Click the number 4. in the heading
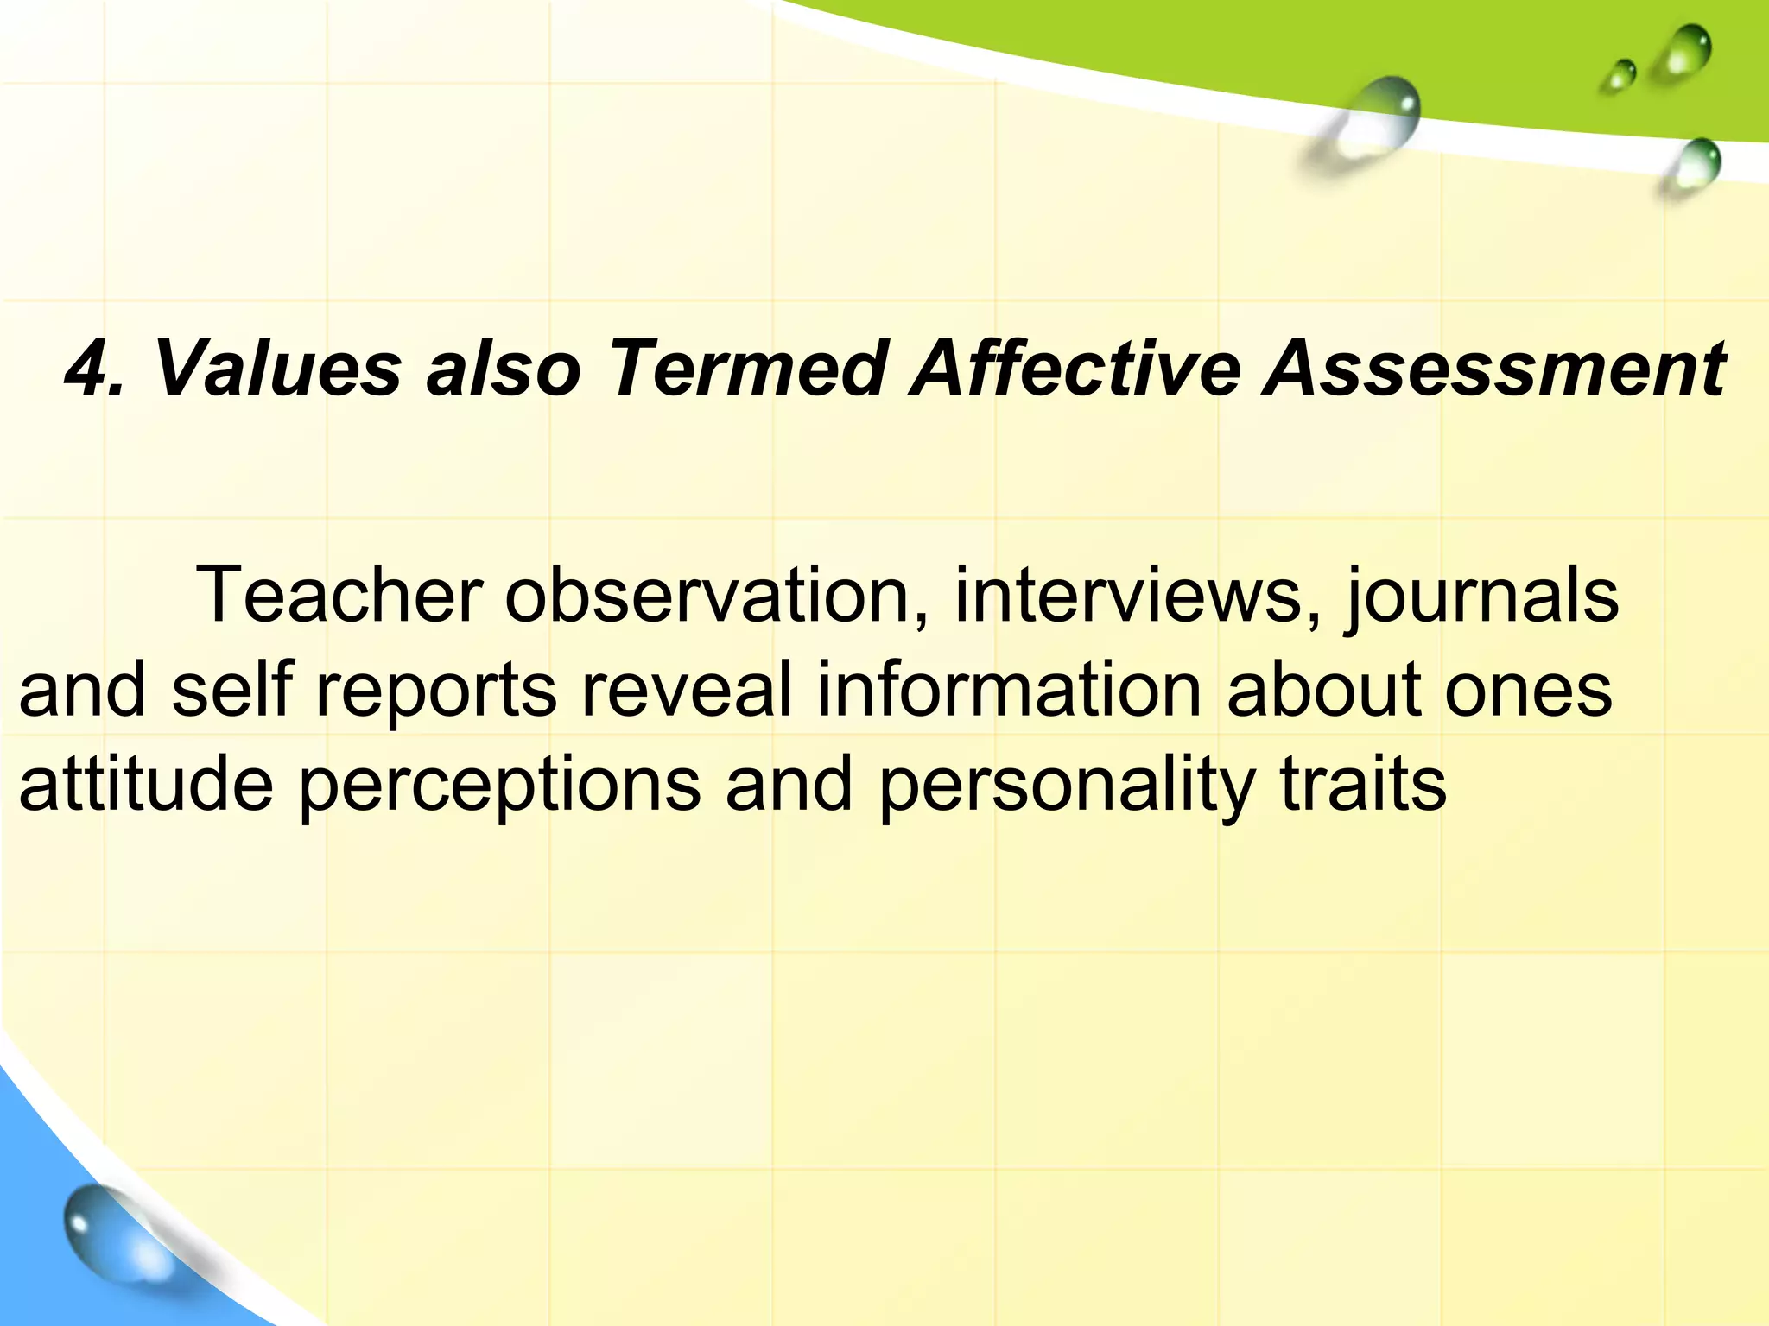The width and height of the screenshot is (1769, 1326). (x=95, y=369)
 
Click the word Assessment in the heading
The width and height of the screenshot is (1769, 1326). (x=1493, y=369)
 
